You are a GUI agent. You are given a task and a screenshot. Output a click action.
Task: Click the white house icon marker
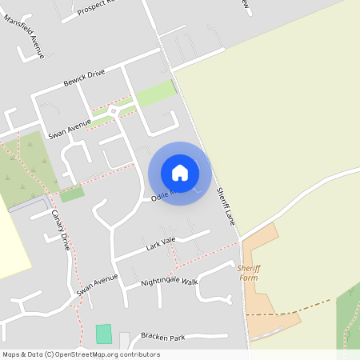pyautogui.click(x=180, y=173)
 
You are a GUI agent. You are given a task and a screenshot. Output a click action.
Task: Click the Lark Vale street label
pyautogui.click(x=159, y=242)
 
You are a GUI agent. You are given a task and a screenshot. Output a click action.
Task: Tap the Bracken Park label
pyautogui.click(x=162, y=337)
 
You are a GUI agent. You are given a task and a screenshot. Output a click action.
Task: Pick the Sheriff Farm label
pyautogui.click(x=249, y=273)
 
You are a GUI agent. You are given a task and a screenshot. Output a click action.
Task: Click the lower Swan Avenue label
pyautogui.click(x=97, y=285)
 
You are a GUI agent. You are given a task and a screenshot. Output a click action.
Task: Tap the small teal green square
pyautogui.click(x=103, y=334)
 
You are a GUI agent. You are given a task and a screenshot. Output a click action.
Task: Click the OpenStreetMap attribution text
pyautogui.click(x=81, y=354)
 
